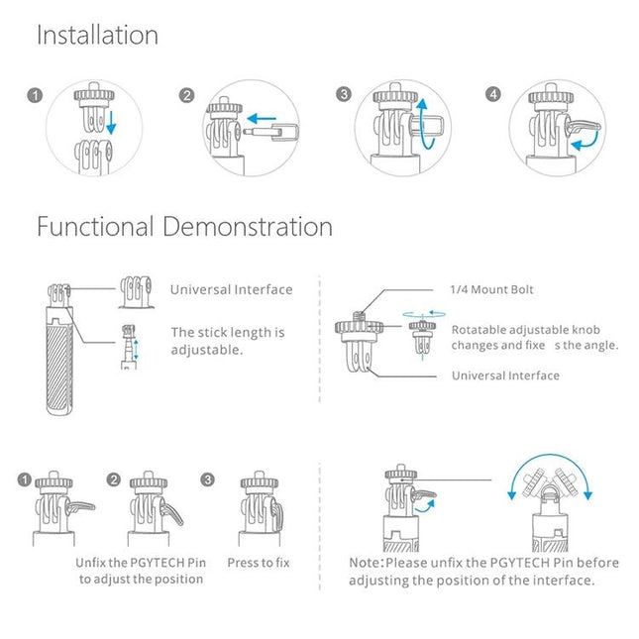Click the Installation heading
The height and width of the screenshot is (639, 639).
coord(97,36)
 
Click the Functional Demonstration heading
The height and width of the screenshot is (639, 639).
coord(184,227)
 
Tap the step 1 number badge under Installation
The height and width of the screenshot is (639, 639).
coord(34,96)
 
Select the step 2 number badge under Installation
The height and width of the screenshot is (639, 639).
coord(186,96)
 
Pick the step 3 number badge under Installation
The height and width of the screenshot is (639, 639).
coord(344,95)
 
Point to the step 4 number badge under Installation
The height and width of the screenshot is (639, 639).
coord(494,95)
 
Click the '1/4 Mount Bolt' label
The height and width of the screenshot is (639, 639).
coord(491,289)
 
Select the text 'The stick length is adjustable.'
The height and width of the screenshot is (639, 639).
coord(227,341)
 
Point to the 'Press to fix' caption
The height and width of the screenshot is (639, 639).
coord(258,563)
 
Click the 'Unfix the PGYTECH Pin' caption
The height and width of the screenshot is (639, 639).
coord(140,563)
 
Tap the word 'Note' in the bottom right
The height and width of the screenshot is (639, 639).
coord(365,563)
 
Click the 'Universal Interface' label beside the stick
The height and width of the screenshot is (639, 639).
coord(231,289)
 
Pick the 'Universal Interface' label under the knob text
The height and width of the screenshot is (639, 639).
coord(505,375)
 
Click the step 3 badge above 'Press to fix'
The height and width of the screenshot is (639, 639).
coord(207,480)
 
